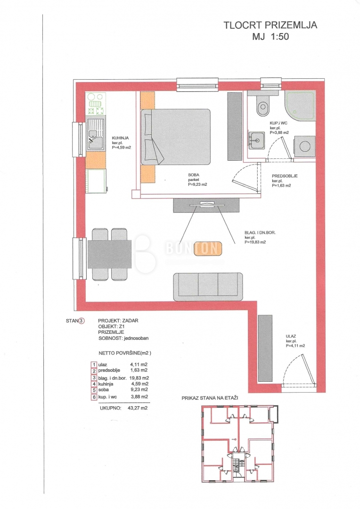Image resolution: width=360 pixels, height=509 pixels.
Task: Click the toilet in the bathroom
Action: (262, 106)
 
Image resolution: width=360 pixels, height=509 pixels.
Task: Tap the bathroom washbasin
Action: (257, 140)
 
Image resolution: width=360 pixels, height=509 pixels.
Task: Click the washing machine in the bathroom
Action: (304, 146)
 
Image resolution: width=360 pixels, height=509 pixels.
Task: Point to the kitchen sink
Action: (96, 134)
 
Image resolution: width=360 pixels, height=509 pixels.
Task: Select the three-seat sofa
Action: (208, 287)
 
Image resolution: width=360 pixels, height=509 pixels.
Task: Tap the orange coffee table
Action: (208, 248)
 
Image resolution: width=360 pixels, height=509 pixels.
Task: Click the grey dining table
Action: (109, 254)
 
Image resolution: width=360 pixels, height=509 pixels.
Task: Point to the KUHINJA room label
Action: (120, 138)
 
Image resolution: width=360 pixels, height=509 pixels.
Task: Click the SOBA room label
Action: (194, 175)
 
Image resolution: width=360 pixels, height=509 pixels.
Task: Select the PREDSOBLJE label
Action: (285, 176)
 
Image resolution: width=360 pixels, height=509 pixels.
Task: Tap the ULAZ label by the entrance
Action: (291, 337)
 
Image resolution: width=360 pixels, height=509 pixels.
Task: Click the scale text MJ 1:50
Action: (270, 36)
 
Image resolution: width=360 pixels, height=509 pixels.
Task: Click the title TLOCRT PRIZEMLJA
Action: (270, 25)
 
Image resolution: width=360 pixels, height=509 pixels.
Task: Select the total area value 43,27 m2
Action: (138, 408)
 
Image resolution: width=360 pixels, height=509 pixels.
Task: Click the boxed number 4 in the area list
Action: (94, 384)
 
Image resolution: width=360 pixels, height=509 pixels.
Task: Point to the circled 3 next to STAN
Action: (82, 321)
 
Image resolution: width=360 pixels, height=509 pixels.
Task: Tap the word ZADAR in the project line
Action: (130, 320)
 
